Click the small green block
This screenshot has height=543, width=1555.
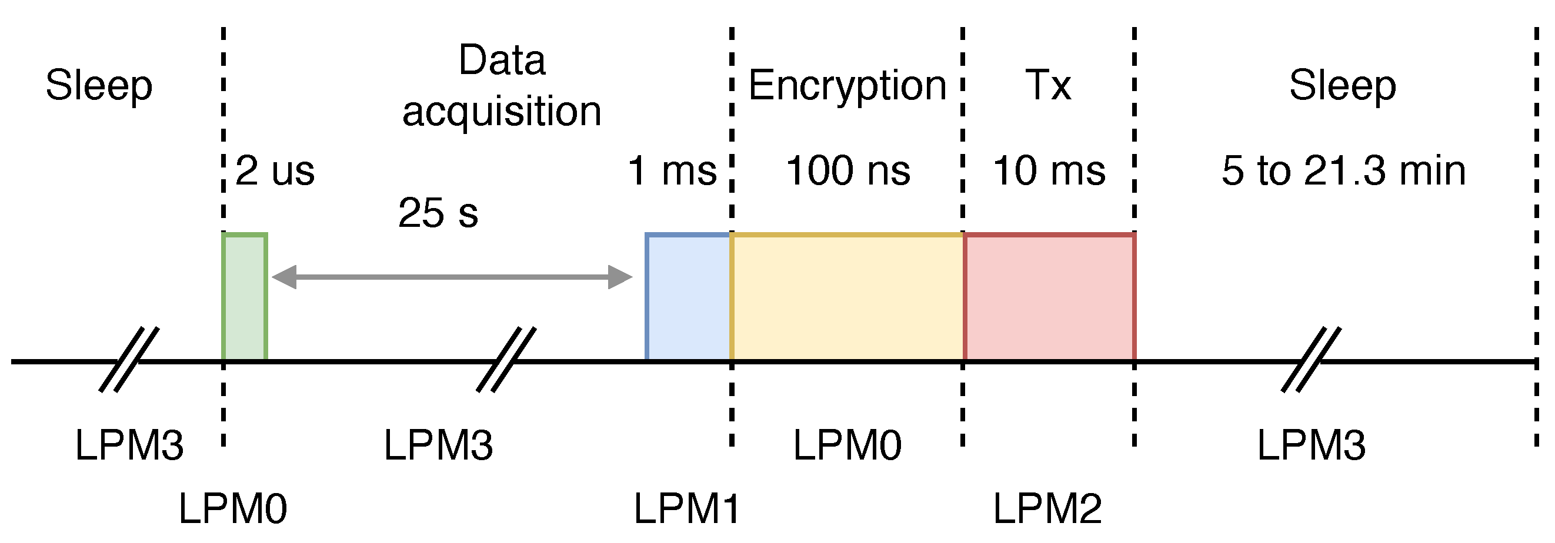click(245, 297)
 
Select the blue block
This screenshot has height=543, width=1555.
click(688, 297)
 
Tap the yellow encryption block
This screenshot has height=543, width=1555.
click(846, 297)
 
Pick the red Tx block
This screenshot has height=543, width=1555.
click(1049, 297)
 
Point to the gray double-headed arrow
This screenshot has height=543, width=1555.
click(452, 277)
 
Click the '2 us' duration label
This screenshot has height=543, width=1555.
click(275, 170)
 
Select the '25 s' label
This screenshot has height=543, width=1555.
click(438, 212)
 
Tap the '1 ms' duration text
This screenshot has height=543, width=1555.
click(672, 170)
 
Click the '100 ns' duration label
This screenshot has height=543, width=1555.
click(847, 170)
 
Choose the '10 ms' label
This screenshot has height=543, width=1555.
click(1049, 170)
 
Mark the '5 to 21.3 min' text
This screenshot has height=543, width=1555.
click(1344, 170)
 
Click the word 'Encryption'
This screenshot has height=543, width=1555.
click(847, 86)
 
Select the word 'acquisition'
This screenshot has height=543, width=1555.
click(502, 112)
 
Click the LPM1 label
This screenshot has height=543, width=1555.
click(686, 508)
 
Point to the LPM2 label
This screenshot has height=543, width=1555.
click(1047, 508)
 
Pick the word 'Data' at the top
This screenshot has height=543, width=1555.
click(502, 61)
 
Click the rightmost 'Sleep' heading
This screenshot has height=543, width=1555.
click(1343, 86)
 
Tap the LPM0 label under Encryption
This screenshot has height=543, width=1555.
click(847, 445)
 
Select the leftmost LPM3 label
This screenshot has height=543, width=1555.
click(129, 445)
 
